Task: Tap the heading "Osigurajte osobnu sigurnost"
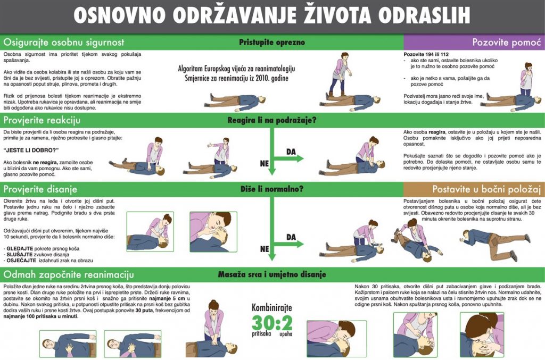(x=64, y=43)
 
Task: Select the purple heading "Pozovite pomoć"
(x=507, y=43)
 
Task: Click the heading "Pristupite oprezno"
(x=272, y=43)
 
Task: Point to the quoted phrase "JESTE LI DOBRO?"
(x=31, y=150)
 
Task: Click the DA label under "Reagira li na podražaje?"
(x=291, y=152)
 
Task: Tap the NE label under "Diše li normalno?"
(x=265, y=249)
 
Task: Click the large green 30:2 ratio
(x=272, y=322)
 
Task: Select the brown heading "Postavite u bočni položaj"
(x=486, y=189)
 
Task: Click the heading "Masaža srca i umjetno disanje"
(x=272, y=274)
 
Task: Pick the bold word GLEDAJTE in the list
(x=20, y=248)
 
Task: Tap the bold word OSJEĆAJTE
(x=21, y=261)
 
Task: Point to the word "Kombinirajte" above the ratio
(x=272, y=308)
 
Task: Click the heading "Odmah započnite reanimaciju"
(x=69, y=274)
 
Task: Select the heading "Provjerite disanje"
(x=40, y=189)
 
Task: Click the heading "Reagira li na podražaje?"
(x=272, y=121)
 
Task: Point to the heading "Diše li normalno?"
(x=272, y=189)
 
